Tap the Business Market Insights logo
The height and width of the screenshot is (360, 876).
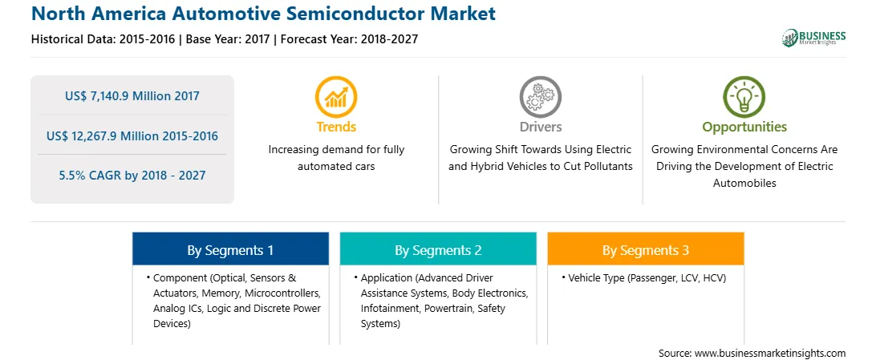(813, 38)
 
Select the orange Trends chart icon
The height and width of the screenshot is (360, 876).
(336, 96)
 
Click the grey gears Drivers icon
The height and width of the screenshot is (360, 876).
(540, 96)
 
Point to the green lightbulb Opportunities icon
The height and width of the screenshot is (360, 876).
(744, 96)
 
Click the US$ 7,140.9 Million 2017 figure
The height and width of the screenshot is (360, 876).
(132, 96)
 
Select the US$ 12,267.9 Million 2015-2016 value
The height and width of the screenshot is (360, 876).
(132, 136)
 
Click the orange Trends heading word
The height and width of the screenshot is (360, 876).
(336, 127)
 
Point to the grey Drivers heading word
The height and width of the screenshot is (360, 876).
(540, 127)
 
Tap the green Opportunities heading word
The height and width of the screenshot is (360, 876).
(744, 127)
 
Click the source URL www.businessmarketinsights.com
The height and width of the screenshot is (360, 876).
(770, 353)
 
